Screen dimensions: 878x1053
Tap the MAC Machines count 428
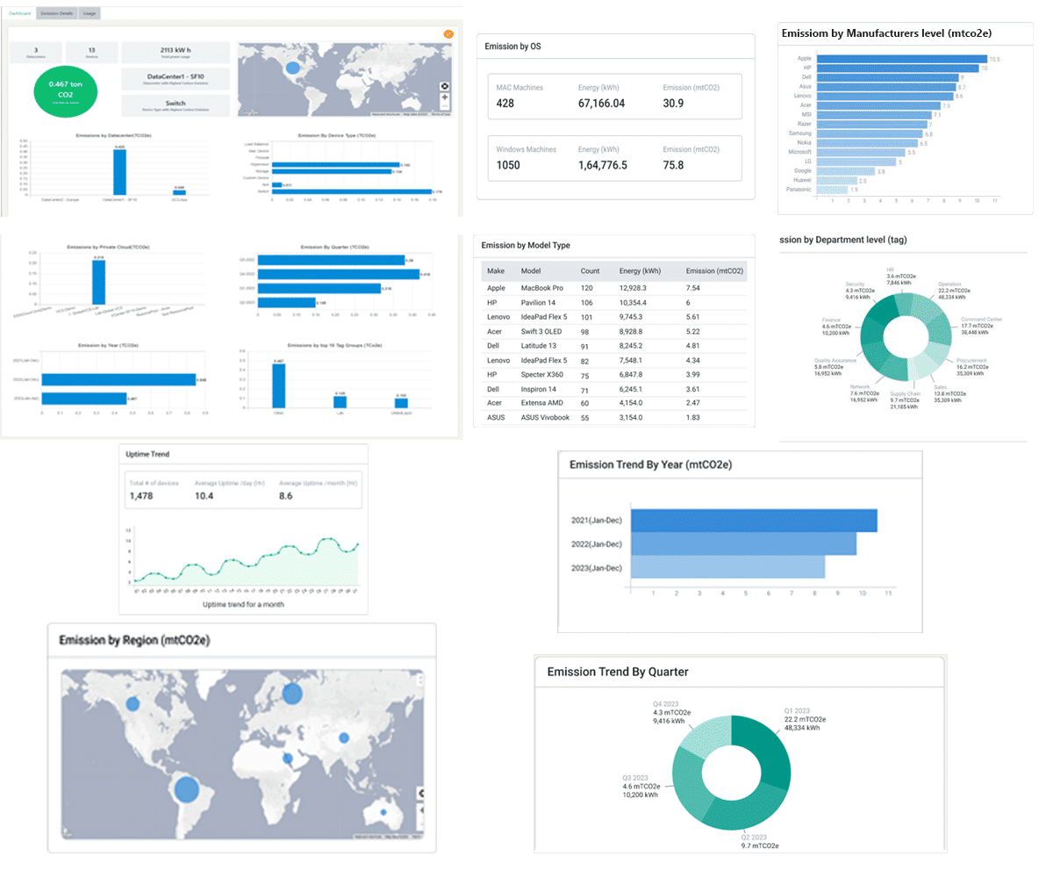505,104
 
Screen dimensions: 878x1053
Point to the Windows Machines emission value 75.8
673,165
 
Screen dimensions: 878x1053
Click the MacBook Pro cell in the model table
542,287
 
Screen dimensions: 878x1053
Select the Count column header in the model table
590,270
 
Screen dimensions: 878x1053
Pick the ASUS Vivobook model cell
546,417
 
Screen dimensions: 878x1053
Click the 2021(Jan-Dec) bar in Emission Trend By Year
754,521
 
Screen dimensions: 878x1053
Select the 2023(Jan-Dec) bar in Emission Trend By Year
727,567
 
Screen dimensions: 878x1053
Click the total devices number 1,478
141,496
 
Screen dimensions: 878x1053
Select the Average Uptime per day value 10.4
204,496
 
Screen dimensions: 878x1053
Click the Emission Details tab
57,13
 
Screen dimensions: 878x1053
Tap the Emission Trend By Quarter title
617,672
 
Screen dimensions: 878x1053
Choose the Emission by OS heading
512,47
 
